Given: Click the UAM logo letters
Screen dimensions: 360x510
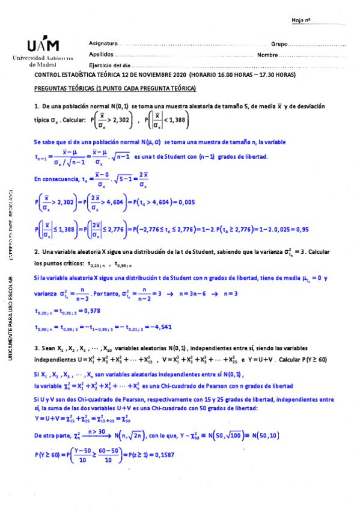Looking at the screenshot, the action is pos(43,46).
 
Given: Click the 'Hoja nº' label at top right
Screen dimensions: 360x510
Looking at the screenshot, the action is pos(301,20).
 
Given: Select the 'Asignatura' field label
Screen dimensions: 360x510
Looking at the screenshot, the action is pos(103,45).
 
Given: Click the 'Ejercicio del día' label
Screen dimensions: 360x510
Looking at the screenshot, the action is pos(109,65).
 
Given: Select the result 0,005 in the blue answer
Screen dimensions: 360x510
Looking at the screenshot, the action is pos(187,203).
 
